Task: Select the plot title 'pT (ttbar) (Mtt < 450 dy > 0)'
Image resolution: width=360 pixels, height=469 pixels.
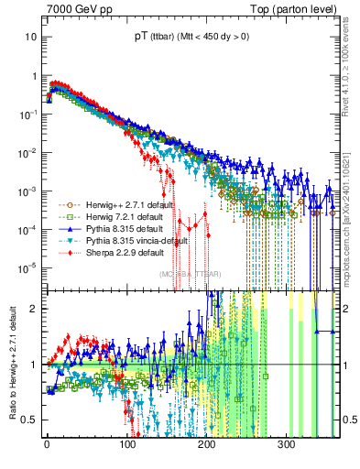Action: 191,35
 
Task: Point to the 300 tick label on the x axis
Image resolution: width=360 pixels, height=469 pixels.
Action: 286,444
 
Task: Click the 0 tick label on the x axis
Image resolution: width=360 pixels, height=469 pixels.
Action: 47,444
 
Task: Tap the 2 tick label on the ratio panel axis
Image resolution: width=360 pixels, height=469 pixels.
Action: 34,308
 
